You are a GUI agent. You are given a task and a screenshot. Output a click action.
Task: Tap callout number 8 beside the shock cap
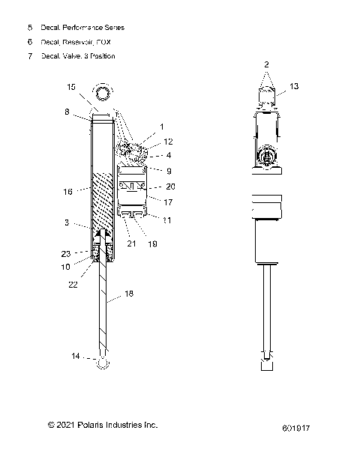click(67, 112)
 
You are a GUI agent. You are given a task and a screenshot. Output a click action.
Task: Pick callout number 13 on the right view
click(294, 86)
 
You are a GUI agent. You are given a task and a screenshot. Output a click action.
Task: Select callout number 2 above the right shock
click(265, 66)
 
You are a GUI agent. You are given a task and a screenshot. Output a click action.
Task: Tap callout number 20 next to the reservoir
click(169, 187)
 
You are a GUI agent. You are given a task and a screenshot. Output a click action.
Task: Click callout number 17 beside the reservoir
click(169, 202)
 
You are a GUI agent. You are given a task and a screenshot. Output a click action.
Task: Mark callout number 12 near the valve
click(168, 141)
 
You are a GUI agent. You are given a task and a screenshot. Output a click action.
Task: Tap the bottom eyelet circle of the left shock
click(103, 363)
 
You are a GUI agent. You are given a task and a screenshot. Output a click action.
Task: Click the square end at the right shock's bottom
click(265, 366)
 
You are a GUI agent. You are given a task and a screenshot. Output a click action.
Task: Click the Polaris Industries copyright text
click(103, 425)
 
